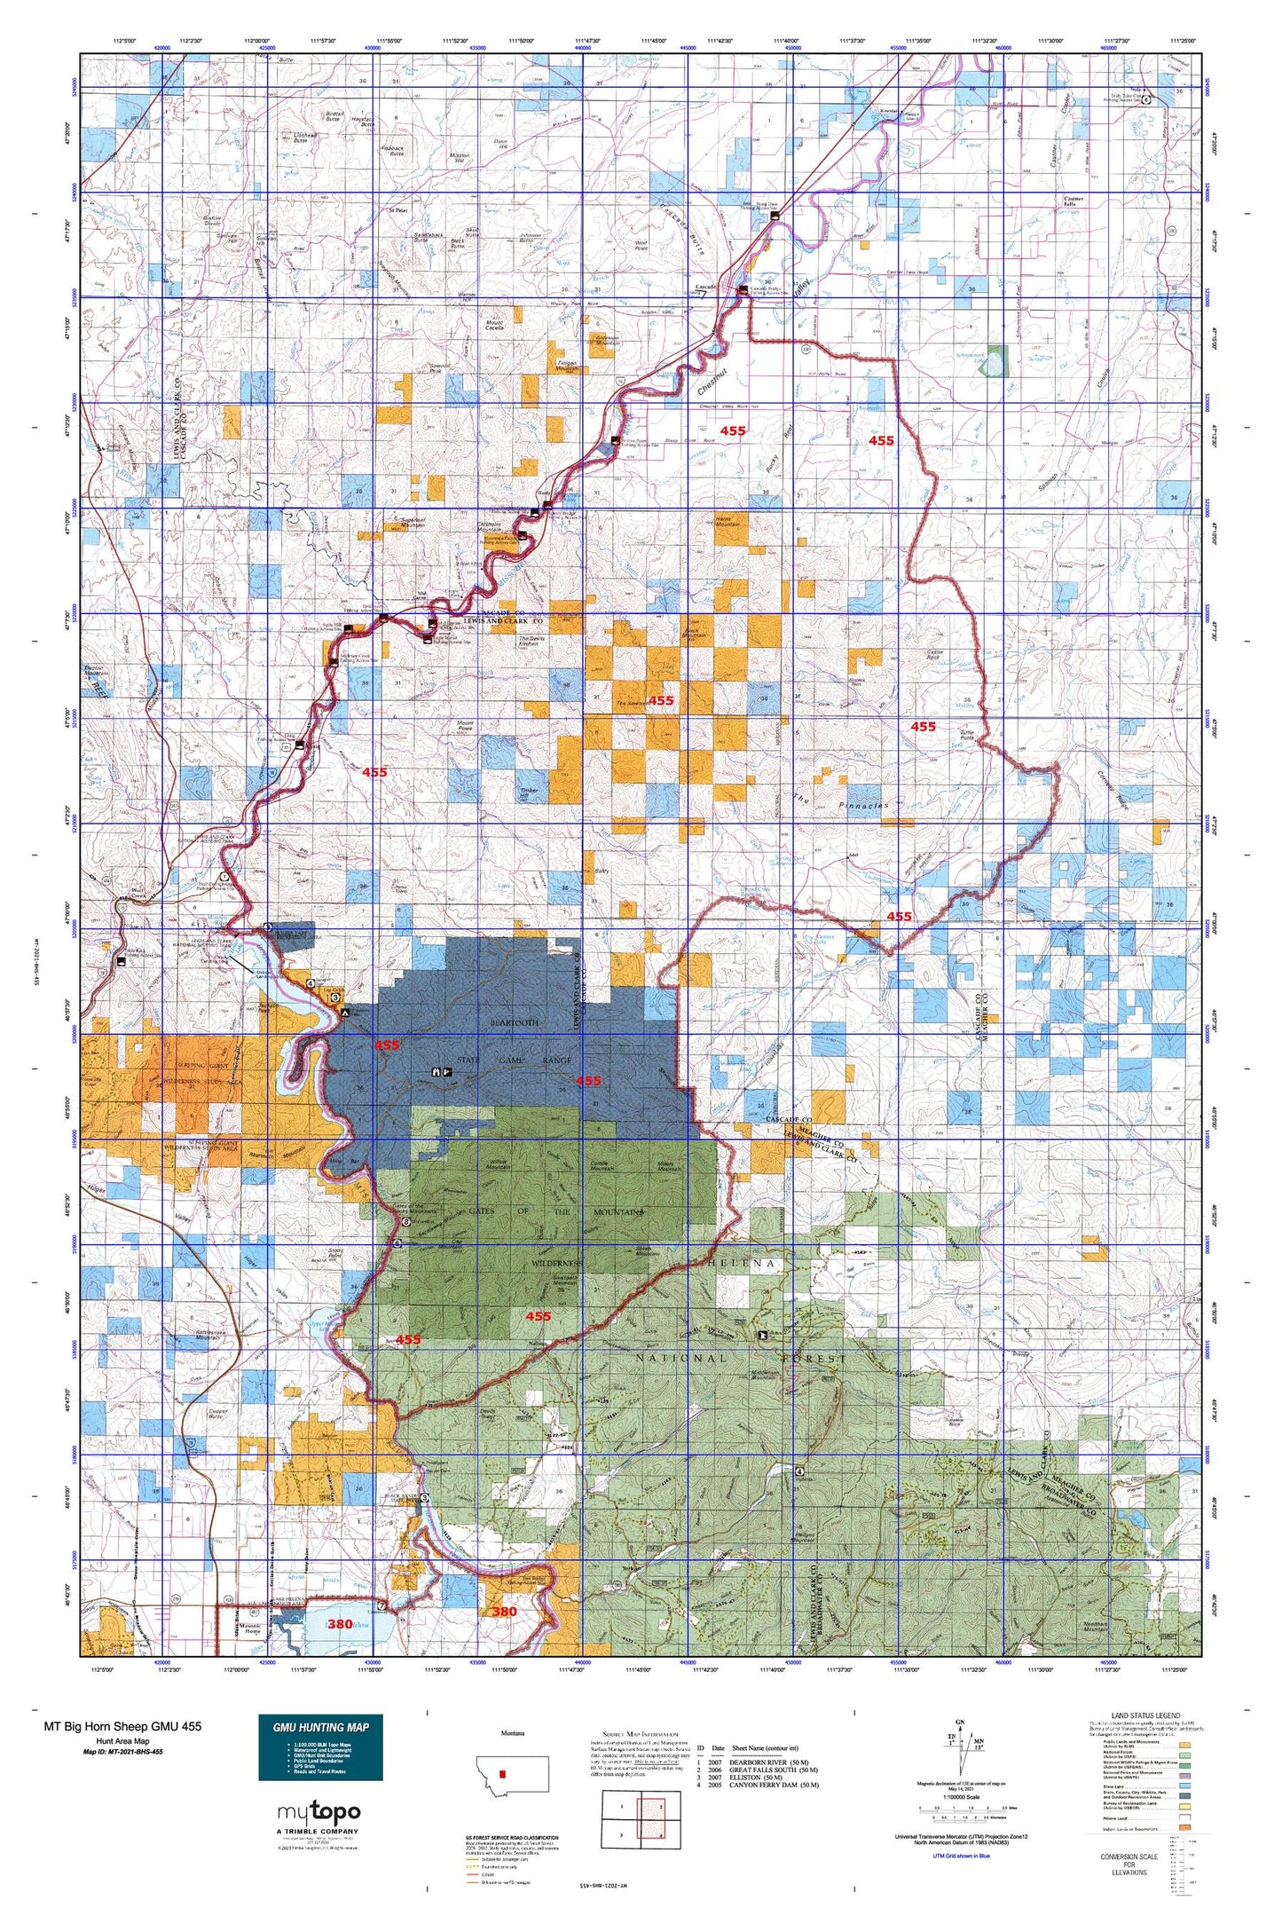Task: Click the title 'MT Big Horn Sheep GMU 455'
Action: [x=122, y=1726]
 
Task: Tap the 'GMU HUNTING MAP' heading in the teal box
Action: [x=320, y=1727]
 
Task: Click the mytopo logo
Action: [x=319, y=1811]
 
